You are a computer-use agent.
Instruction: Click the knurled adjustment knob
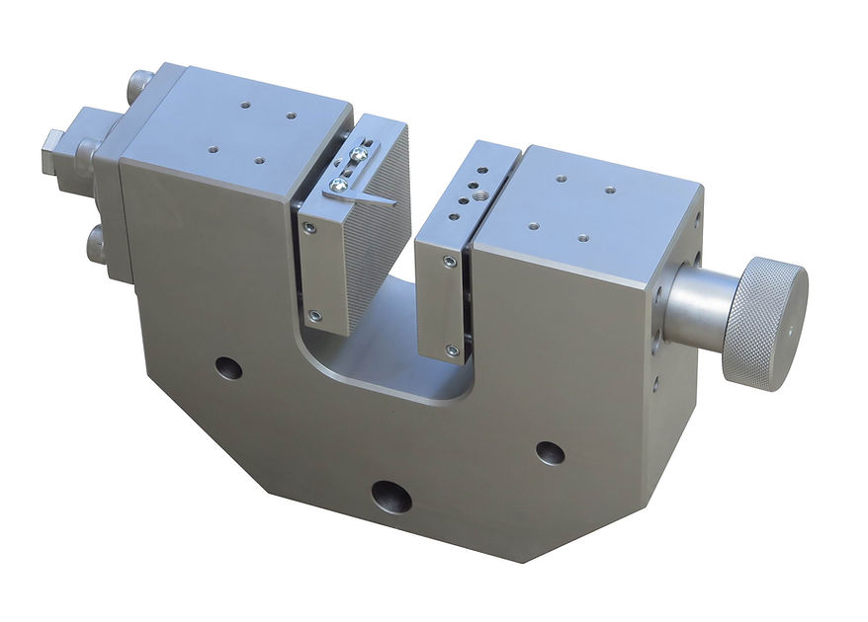pos(764,320)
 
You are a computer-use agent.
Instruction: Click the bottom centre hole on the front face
pos(391,497)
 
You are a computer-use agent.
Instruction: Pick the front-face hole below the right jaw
pos(550,453)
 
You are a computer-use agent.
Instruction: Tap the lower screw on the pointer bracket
pos(340,184)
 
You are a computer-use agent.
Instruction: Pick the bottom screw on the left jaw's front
pos(314,316)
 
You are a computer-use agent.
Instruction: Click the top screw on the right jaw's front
pos(450,263)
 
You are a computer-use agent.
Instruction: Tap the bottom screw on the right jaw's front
pos(452,350)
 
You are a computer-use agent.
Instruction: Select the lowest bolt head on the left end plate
pos(97,242)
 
